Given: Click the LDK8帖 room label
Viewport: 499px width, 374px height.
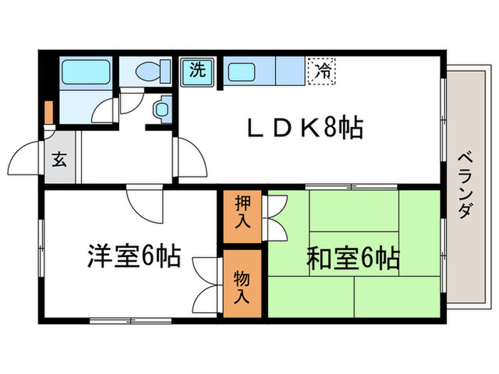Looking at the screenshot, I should pyautogui.click(x=305, y=129).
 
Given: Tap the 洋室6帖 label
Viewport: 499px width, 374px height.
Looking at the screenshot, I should pyautogui.click(x=133, y=255).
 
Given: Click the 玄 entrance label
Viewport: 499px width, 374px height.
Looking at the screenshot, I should pyautogui.click(x=58, y=160).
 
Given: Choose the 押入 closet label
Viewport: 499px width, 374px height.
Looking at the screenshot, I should pyautogui.click(x=242, y=214).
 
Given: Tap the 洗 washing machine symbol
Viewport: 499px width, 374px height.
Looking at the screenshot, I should pyautogui.click(x=197, y=70).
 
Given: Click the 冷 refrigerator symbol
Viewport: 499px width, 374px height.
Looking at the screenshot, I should pyautogui.click(x=323, y=70).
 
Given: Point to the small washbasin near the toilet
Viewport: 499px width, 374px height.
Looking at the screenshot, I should pyautogui.click(x=162, y=108).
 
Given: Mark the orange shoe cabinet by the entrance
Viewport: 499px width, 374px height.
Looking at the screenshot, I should pyautogui.click(x=48, y=114).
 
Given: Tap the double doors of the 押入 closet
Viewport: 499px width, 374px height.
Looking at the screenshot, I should pyautogui.click(x=276, y=214).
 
